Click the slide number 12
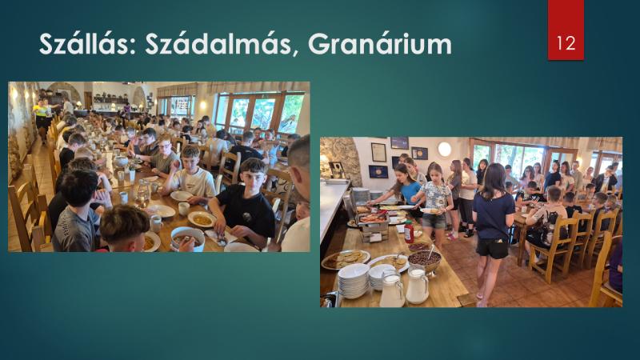point(566,43)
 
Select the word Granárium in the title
point(379,43)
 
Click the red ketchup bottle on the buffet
point(409,232)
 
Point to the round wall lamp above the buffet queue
point(445,150)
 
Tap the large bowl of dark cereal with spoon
point(425,260)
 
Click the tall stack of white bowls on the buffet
point(354,281)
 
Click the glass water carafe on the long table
point(142,194)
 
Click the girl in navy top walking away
point(492,233)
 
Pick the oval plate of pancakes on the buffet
point(346,259)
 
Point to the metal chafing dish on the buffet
point(372,223)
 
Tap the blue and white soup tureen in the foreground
point(187,238)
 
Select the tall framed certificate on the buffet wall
point(378,152)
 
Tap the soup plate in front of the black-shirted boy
point(202,219)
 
